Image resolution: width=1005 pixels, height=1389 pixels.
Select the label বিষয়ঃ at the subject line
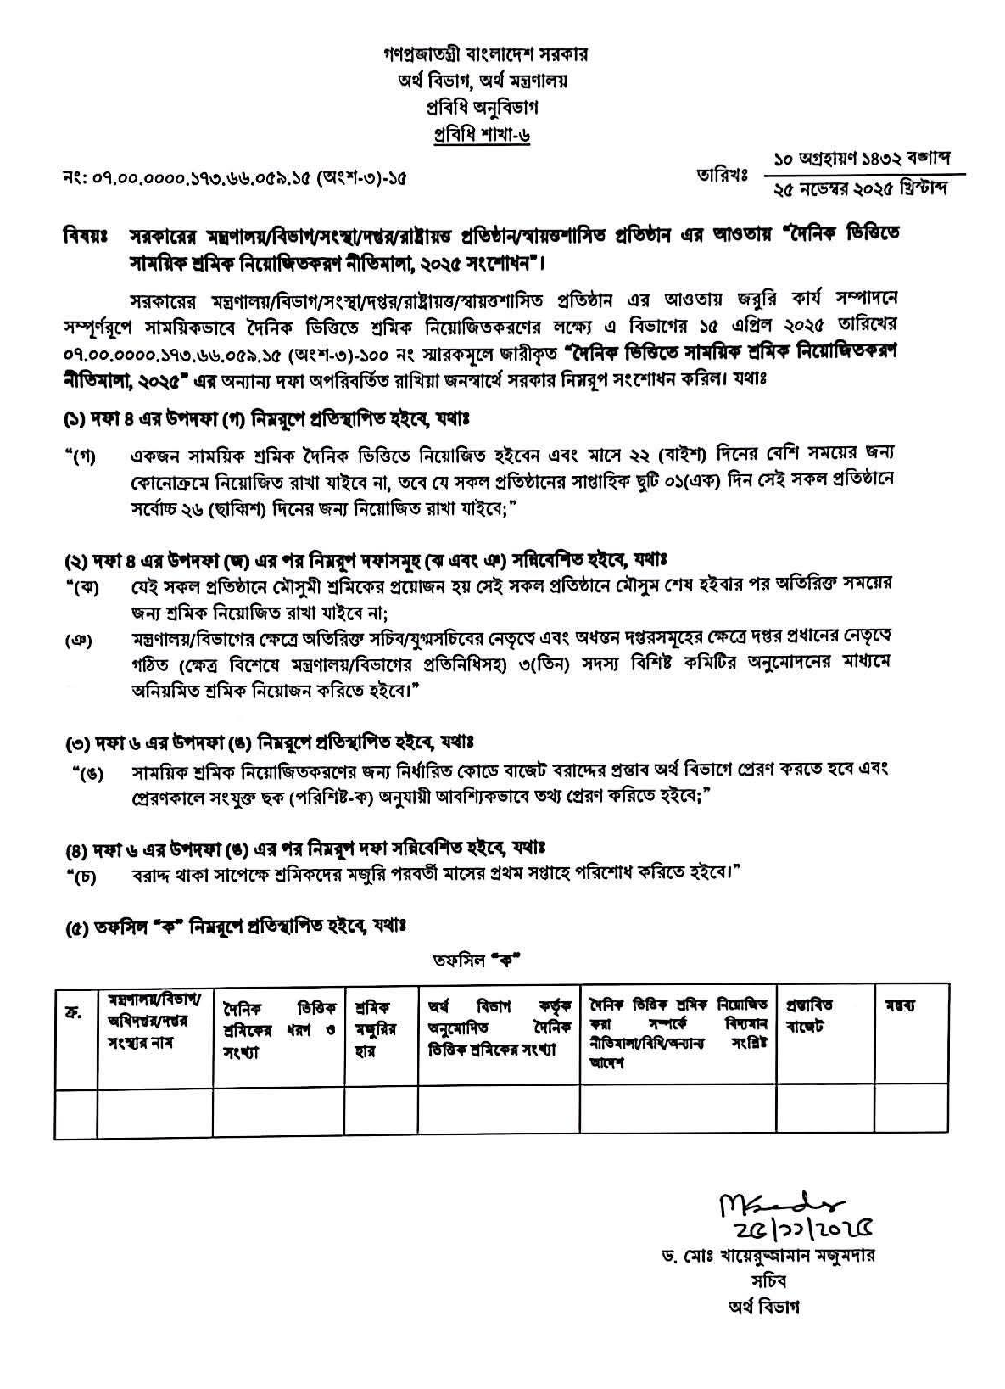coord(85,234)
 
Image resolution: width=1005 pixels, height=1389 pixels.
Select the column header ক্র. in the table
coord(73,1011)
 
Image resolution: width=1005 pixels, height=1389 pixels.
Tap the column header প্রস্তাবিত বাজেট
coord(811,1016)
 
